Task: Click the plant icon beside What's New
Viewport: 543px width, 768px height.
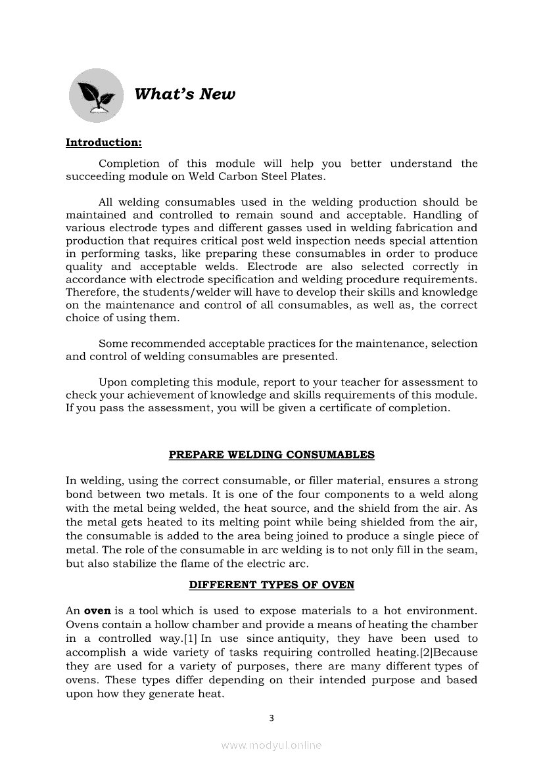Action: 96,95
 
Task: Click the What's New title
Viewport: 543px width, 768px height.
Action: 184,94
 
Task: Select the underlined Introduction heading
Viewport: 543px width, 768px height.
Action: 104,143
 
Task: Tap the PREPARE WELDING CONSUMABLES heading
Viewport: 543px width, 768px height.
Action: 271,455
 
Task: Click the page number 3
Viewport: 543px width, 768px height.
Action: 271,718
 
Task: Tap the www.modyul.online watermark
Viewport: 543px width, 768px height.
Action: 271,745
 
